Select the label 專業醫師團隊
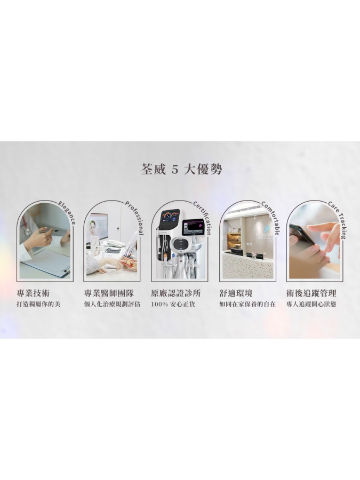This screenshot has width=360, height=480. point(109,293)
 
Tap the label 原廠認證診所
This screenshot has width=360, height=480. point(175,293)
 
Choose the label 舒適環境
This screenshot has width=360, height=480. point(236,293)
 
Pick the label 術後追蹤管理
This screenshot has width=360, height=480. point(311,293)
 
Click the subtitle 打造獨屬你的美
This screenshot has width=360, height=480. point(38,305)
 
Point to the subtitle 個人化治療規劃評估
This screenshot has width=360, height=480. point(112,305)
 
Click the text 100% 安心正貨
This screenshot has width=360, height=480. point(173,305)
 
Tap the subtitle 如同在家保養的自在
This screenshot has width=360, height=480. point(247,305)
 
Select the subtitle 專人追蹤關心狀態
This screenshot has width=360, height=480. point(311,305)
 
